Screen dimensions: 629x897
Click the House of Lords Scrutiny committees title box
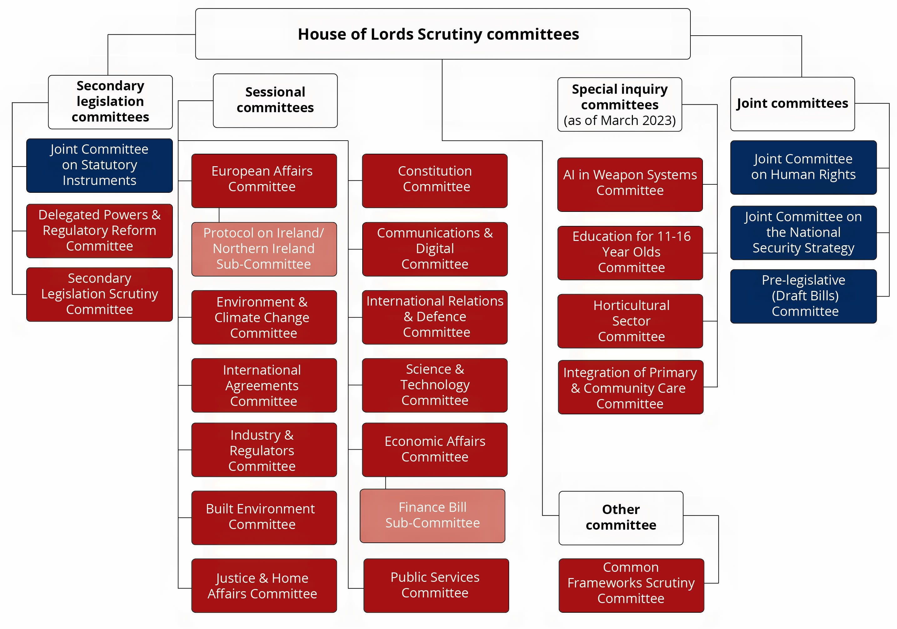coord(442,34)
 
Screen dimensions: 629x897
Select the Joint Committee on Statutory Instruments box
coord(99,165)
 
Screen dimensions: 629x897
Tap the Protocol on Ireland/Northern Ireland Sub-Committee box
coord(264,249)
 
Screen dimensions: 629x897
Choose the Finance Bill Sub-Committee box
coord(433,515)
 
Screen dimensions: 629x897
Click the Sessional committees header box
coord(275,100)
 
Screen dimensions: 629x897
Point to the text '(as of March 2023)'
coord(619,121)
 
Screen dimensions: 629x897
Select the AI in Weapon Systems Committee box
coord(630,184)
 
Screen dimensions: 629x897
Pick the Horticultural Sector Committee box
coord(630,321)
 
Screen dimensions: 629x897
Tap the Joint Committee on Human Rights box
coord(803,167)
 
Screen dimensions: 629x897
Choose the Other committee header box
coord(621,518)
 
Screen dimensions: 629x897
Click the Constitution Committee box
coord(434,181)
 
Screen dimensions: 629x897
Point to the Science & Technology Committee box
coord(434,385)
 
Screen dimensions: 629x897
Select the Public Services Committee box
coord(436,585)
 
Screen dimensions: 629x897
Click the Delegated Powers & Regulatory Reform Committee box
coord(99,231)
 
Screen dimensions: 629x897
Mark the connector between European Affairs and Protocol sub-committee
coord(219,215)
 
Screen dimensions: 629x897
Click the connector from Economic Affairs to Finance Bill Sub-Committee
coord(386,482)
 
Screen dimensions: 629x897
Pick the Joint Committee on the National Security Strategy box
coord(803,232)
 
